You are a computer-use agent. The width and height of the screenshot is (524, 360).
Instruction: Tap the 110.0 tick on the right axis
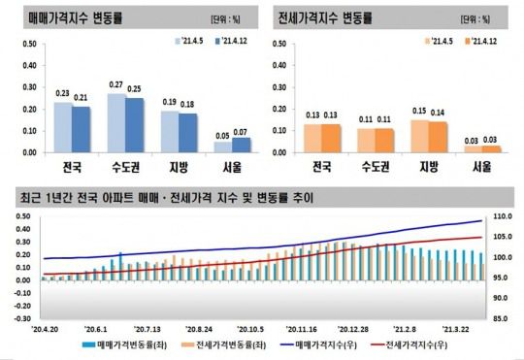(x=503, y=217)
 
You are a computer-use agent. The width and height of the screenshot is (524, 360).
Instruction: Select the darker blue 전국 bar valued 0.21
(x=82, y=129)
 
